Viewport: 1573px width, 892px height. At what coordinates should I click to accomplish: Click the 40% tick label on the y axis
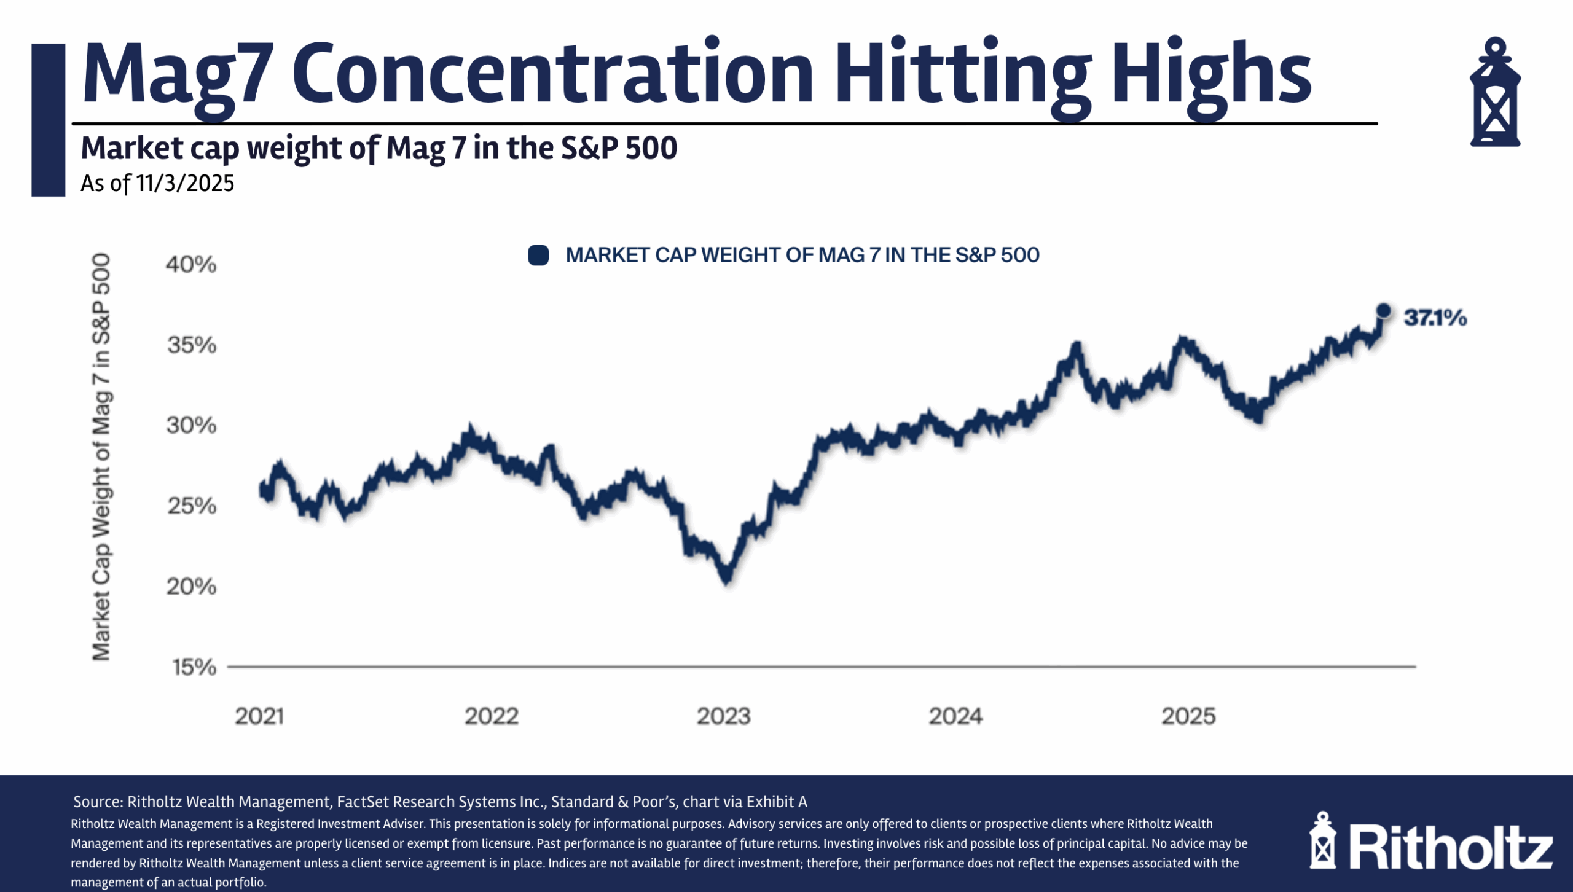(x=191, y=265)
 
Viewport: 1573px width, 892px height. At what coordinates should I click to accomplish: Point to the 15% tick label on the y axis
(x=194, y=667)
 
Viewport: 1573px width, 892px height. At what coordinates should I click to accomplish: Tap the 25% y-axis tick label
(x=192, y=506)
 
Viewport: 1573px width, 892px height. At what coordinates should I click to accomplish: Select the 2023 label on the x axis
(x=723, y=716)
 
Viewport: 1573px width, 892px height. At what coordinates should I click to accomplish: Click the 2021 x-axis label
(x=259, y=716)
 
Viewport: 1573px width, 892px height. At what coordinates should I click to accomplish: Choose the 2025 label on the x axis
(x=1188, y=716)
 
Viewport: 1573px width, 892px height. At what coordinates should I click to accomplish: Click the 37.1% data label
(x=1435, y=318)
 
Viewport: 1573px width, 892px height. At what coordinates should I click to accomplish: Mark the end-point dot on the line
(x=1383, y=311)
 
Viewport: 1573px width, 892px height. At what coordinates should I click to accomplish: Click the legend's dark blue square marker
(x=538, y=255)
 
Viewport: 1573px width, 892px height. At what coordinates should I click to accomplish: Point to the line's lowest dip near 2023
(x=727, y=577)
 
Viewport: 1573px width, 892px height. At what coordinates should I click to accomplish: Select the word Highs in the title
(x=1210, y=74)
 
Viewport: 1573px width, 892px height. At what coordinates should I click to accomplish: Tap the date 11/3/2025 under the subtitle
(x=185, y=184)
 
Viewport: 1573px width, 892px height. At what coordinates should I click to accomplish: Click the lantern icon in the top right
(x=1494, y=92)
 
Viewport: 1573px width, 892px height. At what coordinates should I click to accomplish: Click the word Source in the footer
(x=97, y=802)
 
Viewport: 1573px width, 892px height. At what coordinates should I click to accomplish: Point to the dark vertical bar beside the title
(x=48, y=120)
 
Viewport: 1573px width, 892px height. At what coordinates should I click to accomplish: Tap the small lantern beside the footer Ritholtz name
(x=1322, y=841)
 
